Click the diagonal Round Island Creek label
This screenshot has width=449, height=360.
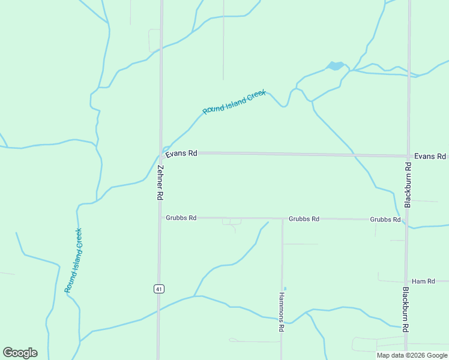[234, 102]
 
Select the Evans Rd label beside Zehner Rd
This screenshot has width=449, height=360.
[181, 154]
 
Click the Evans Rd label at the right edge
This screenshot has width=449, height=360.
[430, 156]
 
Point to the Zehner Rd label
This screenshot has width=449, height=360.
[160, 182]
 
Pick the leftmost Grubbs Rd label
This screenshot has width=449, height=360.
[181, 218]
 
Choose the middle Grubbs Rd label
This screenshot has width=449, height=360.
[304, 219]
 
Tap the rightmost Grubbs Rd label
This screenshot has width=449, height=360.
[385, 220]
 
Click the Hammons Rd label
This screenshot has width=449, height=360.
[281, 312]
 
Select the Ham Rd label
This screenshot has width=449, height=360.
[423, 281]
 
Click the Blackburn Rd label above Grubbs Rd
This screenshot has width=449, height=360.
[408, 185]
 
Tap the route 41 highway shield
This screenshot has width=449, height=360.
[158, 289]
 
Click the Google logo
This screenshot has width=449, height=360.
[20, 353]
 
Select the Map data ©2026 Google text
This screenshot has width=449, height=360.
[412, 355]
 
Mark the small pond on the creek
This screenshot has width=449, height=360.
[335, 66]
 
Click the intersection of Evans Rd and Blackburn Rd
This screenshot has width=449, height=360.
[408, 156]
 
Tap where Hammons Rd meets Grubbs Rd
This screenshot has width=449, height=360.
[282, 218]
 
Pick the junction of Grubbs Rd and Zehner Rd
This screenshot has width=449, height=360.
[160, 218]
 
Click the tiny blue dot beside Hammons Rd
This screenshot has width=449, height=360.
[285, 289]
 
